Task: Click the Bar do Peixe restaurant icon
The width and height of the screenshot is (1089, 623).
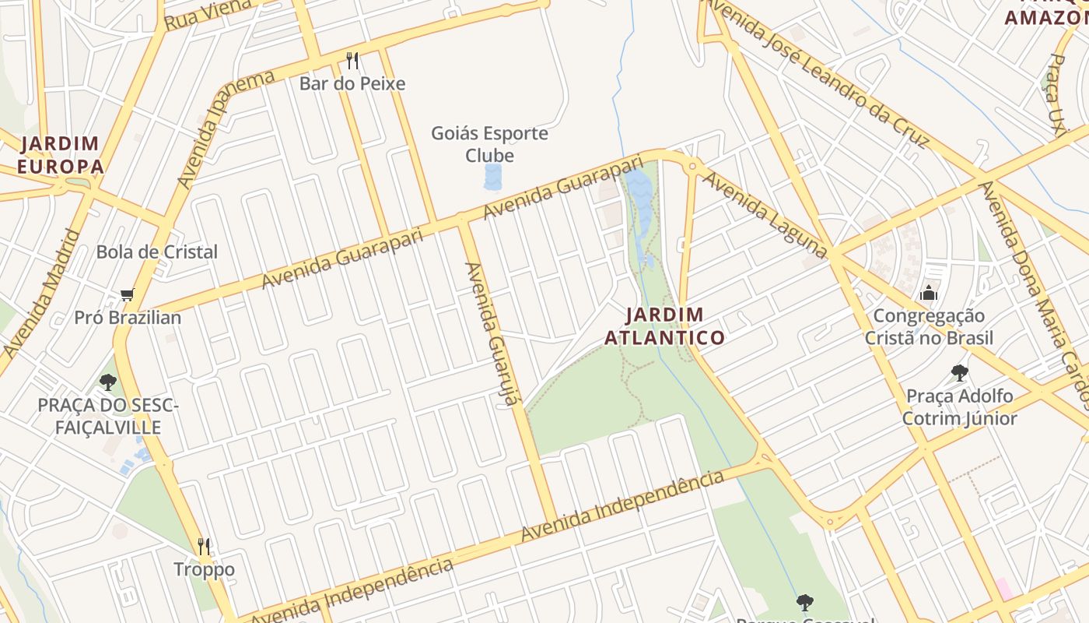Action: tap(352, 60)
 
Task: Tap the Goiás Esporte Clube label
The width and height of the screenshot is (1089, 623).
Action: tap(489, 144)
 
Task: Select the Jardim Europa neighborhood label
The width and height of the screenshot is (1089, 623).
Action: tap(60, 155)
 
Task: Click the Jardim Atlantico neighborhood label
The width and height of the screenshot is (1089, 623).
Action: tap(664, 326)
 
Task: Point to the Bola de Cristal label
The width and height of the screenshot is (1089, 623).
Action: tap(156, 252)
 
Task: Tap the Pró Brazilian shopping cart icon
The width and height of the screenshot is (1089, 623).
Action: tap(127, 295)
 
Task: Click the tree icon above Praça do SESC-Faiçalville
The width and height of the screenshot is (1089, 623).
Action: tap(108, 382)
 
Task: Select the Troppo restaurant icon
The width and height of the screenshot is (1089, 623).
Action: tap(204, 546)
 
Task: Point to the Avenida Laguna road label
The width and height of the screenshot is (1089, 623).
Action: tap(764, 214)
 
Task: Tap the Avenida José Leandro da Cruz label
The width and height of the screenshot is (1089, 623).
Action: tap(817, 74)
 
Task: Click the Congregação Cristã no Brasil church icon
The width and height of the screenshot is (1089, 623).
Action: tap(929, 294)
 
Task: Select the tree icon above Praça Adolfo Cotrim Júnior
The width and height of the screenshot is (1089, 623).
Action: tap(959, 373)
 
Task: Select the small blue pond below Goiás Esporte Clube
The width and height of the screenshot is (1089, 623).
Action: tap(493, 177)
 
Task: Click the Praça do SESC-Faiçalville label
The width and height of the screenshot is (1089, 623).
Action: tap(108, 416)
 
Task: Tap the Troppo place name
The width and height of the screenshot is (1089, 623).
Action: tap(204, 569)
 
